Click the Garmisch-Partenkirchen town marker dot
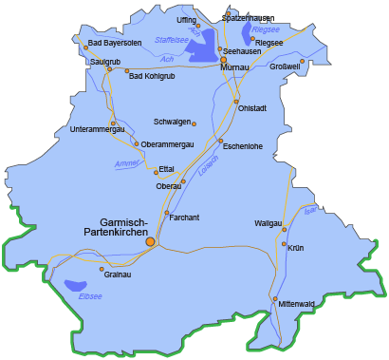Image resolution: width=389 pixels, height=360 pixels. pyautogui.click(x=150, y=242)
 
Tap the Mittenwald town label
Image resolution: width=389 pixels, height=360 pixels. pyautogui.click(x=297, y=304)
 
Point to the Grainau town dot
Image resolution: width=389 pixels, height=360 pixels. pyautogui.click(x=102, y=270)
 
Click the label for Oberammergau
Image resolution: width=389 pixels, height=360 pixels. pyautogui.click(x=167, y=143)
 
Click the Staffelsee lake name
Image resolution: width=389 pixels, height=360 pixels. pyautogui.click(x=172, y=40)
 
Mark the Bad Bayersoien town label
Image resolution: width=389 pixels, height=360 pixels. pyautogui.click(x=115, y=43)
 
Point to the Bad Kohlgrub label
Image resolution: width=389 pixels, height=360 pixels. pyautogui.click(x=152, y=75)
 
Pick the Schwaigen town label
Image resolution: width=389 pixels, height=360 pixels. pyautogui.click(x=173, y=122)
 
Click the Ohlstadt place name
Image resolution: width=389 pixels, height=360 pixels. pyautogui.click(x=252, y=107)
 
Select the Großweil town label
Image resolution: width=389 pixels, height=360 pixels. pyautogui.click(x=286, y=66)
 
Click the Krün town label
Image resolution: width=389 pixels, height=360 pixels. pyautogui.click(x=296, y=247)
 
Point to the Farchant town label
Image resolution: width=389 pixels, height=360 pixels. pyautogui.click(x=184, y=218)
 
